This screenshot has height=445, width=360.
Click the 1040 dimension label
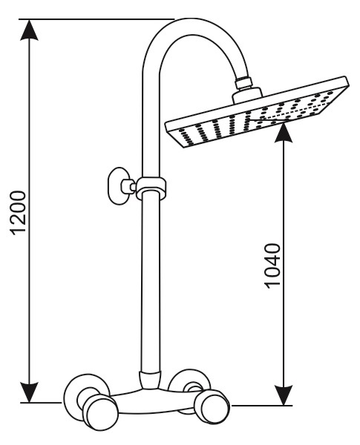pyautogui.click(x=272, y=266)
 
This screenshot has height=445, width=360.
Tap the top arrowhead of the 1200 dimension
pyautogui.click(x=29, y=30)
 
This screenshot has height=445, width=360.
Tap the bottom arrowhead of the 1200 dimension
pyautogui.click(x=29, y=392)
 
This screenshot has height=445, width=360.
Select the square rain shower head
pyautogui.click(x=257, y=112)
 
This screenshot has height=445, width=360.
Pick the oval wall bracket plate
pyautogui.click(x=117, y=185)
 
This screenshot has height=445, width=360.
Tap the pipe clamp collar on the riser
pyautogui.click(x=151, y=188)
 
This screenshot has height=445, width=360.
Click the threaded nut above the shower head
pyautogui.click(x=243, y=83)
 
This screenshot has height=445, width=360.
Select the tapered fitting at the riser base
pyautogui.click(x=149, y=379)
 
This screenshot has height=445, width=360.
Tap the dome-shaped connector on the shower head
pyautogui.click(x=247, y=95)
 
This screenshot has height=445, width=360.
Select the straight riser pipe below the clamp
pyautogui.click(x=150, y=281)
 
